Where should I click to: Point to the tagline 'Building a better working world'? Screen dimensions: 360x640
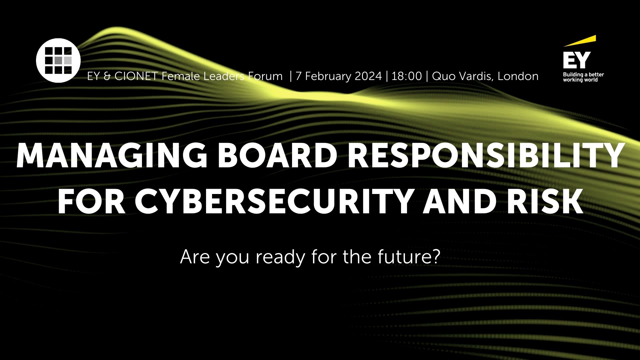tap(583, 77)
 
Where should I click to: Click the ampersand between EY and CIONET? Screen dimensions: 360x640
tap(107, 77)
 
